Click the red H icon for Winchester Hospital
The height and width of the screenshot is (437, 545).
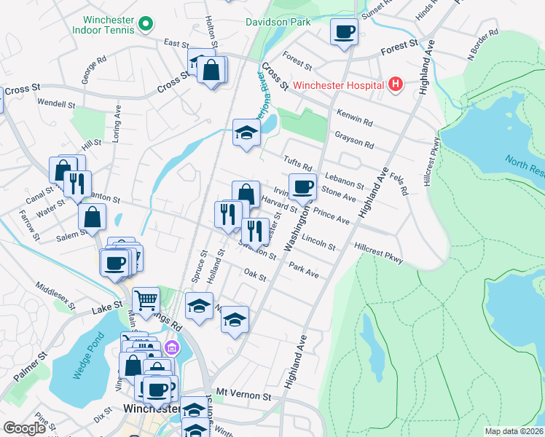point(395,85)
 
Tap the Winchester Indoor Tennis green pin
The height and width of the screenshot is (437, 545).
point(145,25)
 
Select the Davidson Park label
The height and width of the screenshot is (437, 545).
point(278,22)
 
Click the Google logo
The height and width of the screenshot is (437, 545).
point(24,428)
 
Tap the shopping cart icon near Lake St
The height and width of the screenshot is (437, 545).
point(146,299)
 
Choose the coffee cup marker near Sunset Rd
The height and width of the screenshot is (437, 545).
point(344,31)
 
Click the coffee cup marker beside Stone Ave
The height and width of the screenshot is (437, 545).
point(302,186)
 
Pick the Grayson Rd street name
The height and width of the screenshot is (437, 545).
point(354,139)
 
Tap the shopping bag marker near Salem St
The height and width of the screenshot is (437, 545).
point(93,216)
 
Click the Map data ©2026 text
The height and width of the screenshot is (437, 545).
point(513,431)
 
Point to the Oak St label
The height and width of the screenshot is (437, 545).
point(256,277)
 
